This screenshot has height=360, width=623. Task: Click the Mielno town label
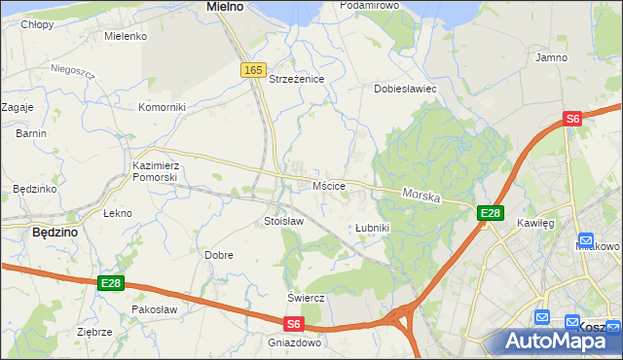225,7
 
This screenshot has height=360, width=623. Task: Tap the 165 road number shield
253,70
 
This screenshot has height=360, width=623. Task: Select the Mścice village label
329,185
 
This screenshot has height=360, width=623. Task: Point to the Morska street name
421,196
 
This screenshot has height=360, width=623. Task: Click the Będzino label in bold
55,233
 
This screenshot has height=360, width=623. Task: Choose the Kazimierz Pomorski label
155,171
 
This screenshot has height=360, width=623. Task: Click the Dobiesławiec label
405,89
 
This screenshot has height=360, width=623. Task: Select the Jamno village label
551,57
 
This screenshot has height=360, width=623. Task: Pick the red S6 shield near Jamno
572,119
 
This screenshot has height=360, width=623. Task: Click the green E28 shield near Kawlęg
490,213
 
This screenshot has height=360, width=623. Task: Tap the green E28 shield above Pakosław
111,283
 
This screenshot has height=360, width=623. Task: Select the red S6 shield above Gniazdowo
295,324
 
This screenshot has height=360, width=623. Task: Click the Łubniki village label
372,228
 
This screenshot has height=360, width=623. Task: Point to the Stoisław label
284,221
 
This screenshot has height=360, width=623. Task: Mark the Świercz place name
305,297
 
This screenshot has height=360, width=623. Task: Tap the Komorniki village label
162,107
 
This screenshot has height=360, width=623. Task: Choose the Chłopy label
37,24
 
